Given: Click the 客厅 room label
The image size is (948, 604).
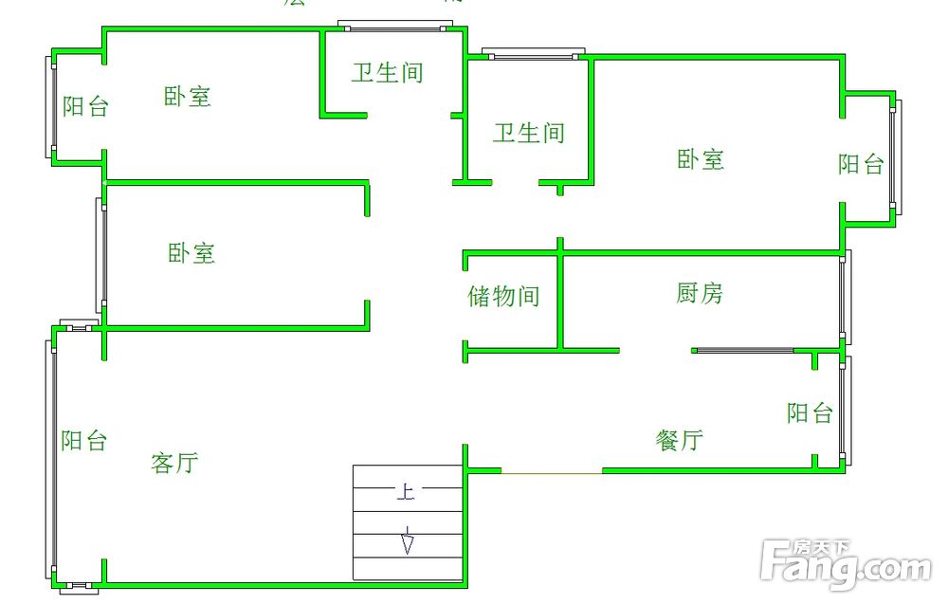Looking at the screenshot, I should [x=174, y=463].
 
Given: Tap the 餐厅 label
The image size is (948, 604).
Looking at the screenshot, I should [x=680, y=439].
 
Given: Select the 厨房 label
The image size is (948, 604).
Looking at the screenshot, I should [x=700, y=293].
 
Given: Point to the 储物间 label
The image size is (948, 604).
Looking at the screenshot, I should [x=503, y=296].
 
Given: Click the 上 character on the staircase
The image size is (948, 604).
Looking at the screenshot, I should [x=405, y=492].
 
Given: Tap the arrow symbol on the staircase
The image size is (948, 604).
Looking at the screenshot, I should [x=408, y=541].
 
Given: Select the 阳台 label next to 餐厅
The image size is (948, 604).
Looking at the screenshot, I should [x=810, y=412].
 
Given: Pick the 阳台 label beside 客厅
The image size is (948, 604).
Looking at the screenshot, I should [x=84, y=440].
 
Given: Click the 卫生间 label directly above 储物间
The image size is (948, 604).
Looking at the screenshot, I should [x=528, y=133].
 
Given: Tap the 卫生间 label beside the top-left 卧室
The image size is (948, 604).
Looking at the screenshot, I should [x=387, y=72].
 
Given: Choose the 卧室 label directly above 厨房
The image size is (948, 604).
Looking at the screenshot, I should [x=701, y=158].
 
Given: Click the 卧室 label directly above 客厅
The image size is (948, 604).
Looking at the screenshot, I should [x=191, y=252].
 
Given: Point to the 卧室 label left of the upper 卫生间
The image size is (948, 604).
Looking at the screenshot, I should [x=188, y=96].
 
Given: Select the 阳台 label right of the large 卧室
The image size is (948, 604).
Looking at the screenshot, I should [x=861, y=164].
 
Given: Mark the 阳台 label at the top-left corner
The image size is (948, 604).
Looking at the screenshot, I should [x=85, y=106].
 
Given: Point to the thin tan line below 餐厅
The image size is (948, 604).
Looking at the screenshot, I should [x=551, y=471].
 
